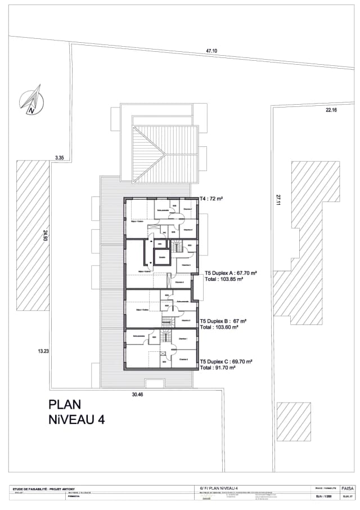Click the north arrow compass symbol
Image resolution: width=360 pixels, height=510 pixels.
click(31, 99)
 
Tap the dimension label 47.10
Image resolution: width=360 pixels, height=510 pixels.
click(211, 51)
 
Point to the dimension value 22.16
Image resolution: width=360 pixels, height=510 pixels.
click(330, 110)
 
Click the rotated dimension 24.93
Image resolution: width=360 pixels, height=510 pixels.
click(45, 236)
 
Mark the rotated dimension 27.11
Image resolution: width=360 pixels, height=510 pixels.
click(277, 200)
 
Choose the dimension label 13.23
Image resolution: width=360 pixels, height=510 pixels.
click(43, 351)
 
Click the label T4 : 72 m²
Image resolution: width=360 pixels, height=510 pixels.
click(212, 199)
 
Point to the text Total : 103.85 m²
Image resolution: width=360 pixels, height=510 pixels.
click(224, 279)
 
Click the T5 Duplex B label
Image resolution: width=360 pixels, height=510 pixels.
click(224, 321)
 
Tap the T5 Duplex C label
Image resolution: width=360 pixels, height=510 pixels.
click(226, 361)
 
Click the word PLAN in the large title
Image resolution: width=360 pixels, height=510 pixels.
click(65, 404)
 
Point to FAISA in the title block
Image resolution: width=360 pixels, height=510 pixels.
click(347, 488)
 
